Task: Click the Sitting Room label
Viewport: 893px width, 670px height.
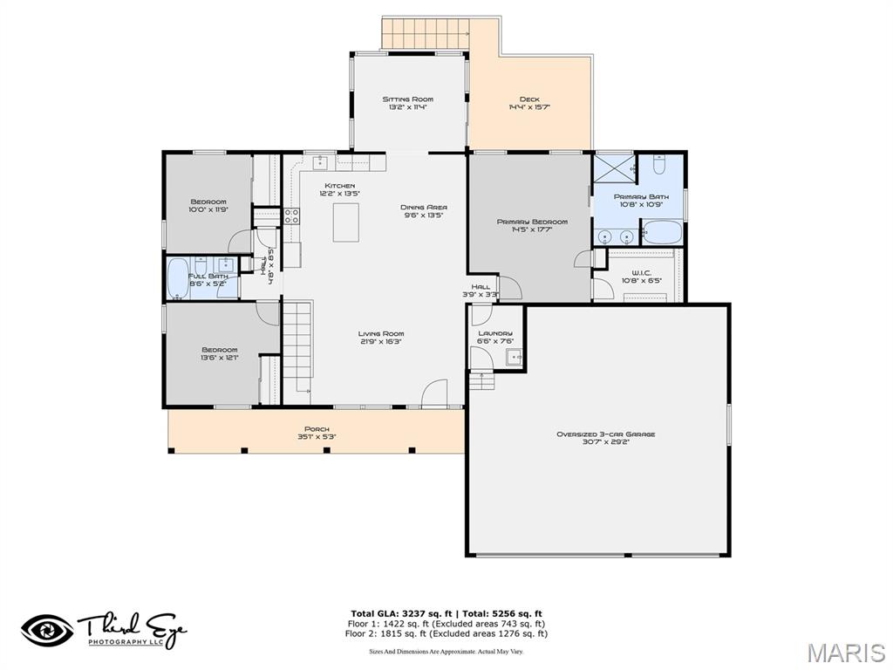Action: pyautogui.click(x=407, y=99)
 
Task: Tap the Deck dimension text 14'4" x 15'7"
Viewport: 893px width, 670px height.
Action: pyautogui.click(x=529, y=108)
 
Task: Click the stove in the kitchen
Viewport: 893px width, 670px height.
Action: pyautogui.click(x=291, y=215)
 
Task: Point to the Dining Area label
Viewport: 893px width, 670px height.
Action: pyautogui.click(x=424, y=208)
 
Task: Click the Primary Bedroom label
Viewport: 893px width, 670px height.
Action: pyautogui.click(x=532, y=222)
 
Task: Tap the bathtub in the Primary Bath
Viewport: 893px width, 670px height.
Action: pyautogui.click(x=662, y=233)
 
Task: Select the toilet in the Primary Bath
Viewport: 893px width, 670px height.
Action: pyautogui.click(x=659, y=166)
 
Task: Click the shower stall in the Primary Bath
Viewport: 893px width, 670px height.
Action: pyautogui.click(x=614, y=166)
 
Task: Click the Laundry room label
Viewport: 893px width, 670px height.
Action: pyautogui.click(x=495, y=333)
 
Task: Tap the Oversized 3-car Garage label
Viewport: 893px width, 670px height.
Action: pyautogui.click(x=605, y=434)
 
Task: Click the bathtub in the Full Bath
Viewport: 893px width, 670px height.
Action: pyautogui.click(x=178, y=279)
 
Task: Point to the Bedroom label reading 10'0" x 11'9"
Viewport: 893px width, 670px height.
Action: pyautogui.click(x=208, y=202)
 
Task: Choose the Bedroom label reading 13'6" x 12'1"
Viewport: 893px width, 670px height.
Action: pyautogui.click(x=220, y=351)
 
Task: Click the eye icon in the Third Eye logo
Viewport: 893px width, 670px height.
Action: pyautogui.click(x=47, y=630)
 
